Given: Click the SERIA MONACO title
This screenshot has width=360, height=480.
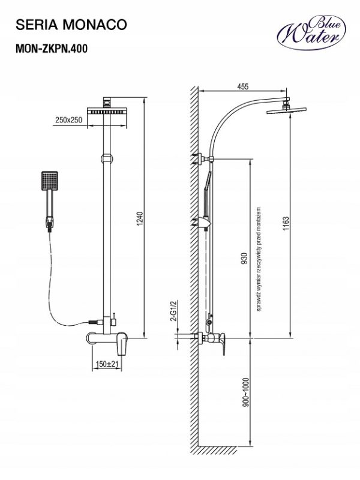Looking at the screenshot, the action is pos(71,25).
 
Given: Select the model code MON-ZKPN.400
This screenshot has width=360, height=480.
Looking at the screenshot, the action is pos(52,49).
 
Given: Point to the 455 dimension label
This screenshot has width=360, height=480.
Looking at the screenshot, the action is pos(243,86).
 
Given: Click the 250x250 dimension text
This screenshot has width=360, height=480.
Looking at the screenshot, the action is pos(69,119).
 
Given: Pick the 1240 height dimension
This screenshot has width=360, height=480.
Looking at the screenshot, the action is pos(140,218).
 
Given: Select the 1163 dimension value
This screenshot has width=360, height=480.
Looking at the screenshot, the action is pos(286,223).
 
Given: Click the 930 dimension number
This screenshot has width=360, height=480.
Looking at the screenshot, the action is pos(244,259).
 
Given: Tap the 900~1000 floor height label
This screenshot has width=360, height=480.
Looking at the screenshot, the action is pos(246,392).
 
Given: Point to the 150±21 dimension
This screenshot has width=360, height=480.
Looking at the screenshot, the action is pos(107,364).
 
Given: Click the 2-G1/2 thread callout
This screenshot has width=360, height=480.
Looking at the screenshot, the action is pos(175,310).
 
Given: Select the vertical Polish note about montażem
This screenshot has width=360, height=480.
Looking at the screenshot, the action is pos(260,259).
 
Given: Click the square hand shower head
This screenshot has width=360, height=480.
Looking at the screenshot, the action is pos(49,181).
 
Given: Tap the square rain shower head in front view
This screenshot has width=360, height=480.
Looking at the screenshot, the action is pos(107,111).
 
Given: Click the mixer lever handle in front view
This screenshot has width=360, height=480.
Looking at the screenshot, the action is pos(122,344).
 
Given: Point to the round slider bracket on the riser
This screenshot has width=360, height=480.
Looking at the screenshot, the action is pos(106,158).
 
